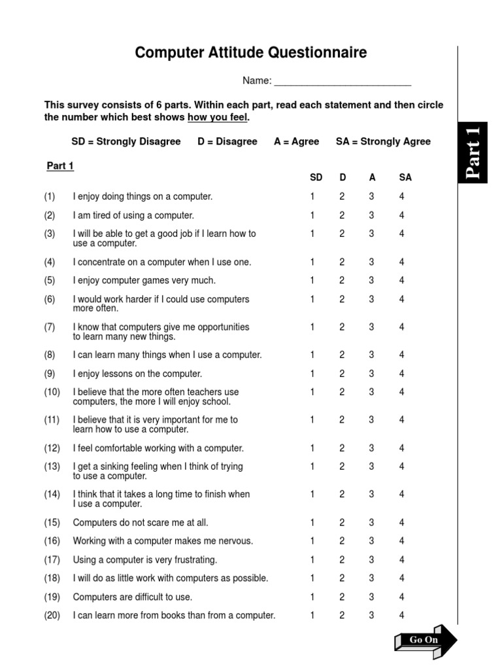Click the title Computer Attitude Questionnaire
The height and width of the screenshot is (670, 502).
coord(251,53)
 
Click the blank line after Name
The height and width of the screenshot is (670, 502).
coord(343,81)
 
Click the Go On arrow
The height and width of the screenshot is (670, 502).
coord(426,639)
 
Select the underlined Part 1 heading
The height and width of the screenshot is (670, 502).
coord(60,166)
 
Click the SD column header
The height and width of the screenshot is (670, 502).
coord(316,177)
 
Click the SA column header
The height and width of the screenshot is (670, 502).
coord(405,177)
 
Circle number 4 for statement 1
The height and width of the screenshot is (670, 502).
coord(402,196)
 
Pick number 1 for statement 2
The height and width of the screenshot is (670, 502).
coord(312,215)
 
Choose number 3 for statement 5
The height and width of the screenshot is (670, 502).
coord(371,280)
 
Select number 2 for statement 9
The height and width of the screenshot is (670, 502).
coord(341,374)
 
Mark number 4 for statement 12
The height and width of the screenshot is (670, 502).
coord(402,448)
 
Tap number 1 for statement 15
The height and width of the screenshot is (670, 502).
coord(312,523)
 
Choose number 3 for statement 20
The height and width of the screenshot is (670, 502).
coord(371,615)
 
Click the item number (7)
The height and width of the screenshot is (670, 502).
coord(50,327)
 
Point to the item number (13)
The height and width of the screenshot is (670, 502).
coord(52,467)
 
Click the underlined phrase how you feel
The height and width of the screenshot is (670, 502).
coord(218,118)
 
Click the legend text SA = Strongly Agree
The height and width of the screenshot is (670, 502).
coord(383,141)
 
